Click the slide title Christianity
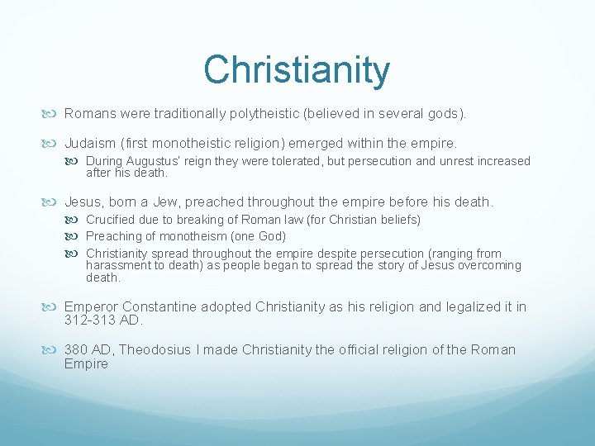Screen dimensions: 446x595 tap(297, 69)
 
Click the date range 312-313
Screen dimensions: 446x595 tap(91, 320)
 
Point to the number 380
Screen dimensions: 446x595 tap(79, 350)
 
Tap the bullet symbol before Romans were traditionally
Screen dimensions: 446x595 tap(55, 112)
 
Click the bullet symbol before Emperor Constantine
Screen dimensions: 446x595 tap(55, 307)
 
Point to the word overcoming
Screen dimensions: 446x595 tap(486, 265)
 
